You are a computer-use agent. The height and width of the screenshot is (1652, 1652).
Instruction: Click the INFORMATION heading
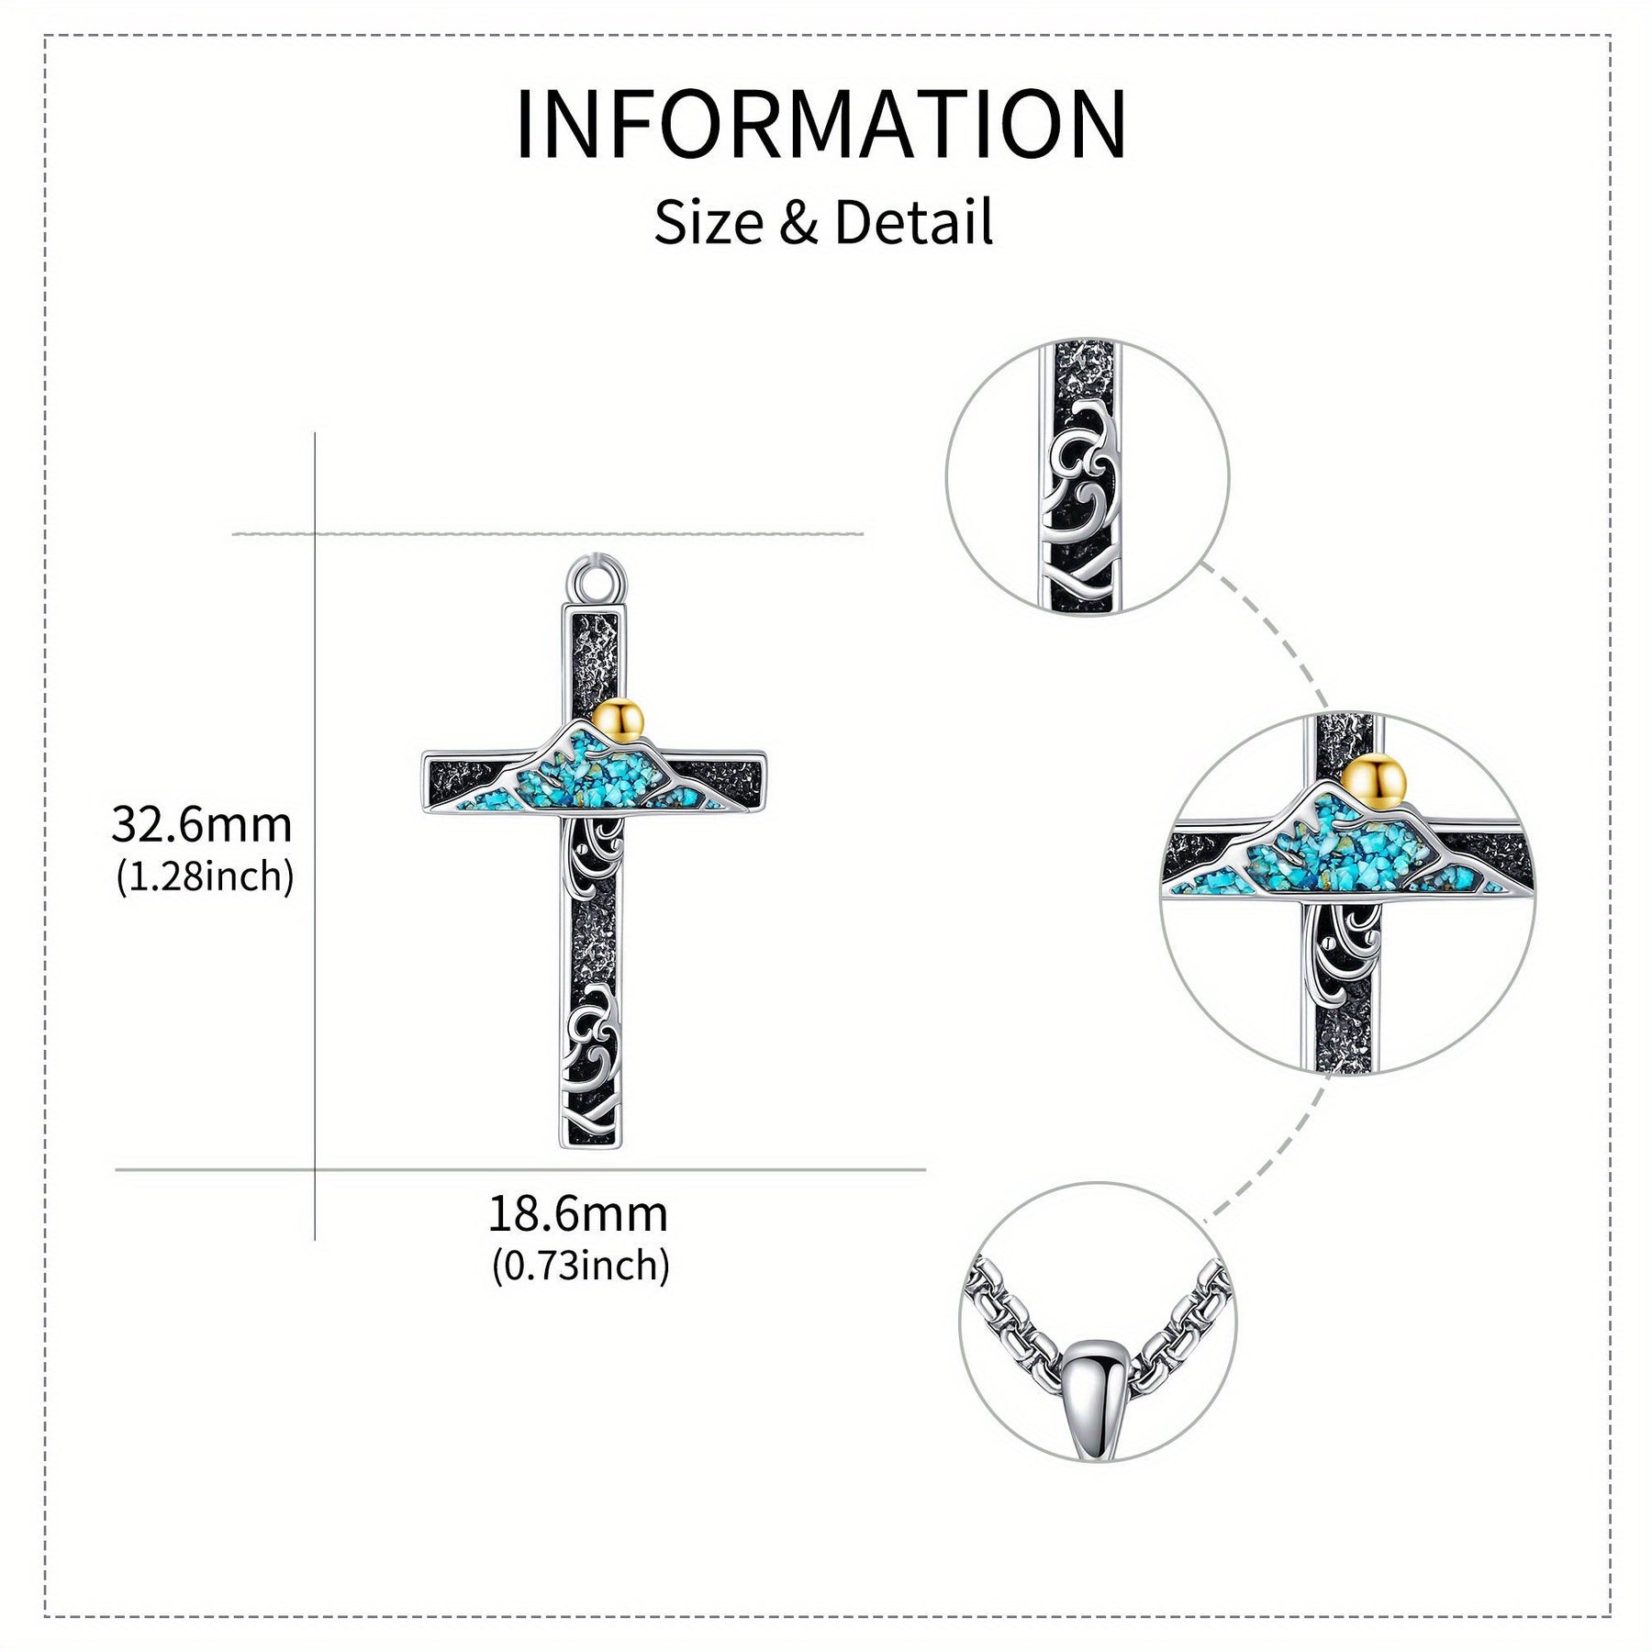(821, 124)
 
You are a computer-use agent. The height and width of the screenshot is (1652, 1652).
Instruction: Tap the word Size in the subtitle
(709, 223)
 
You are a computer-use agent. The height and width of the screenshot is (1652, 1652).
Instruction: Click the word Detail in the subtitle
(913, 223)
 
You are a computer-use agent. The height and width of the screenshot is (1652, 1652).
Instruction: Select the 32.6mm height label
(202, 824)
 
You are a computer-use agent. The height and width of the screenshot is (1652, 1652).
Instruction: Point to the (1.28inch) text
(205, 876)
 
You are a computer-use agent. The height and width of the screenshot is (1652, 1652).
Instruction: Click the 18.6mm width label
(578, 1214)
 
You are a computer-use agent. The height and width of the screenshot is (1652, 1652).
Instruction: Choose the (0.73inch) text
(581, 1267)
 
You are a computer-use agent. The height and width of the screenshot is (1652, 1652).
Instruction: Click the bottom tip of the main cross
(592, 1147)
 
